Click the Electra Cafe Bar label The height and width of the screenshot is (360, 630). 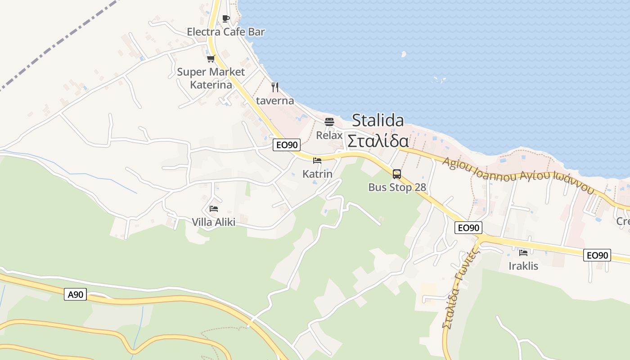click(x=225, y=32)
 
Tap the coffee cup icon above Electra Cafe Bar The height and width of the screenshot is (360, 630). click(x=225, y=18)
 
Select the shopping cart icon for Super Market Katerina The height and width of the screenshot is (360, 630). click(x=211, y=58)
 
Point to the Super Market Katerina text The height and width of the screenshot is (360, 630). click(x=211, y=78)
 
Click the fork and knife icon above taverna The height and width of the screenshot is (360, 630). click(x=275, y=87)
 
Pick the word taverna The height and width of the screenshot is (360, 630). click(x=275, y=100)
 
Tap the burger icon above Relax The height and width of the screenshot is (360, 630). click(x=329, y=122)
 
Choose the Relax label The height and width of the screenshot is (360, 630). click(x=329, y=135)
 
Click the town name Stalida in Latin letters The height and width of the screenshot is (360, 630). click(x=378, y=121)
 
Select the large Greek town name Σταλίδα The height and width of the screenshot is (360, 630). click(x=378, y=141)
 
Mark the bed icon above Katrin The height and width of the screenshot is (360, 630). click(x=317, y=161)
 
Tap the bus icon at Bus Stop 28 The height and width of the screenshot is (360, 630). click(x=396, y=174)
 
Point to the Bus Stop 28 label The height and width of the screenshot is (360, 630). click(x=397, y=187)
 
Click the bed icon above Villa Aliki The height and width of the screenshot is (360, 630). click(x=213, y=209)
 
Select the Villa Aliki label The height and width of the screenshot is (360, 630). click(x=213, y=222)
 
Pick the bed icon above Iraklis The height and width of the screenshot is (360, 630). click(x=523, y=253)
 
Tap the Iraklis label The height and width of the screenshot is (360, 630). click(x=523, y=266)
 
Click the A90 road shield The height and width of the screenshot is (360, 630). click(x=75, y=295)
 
